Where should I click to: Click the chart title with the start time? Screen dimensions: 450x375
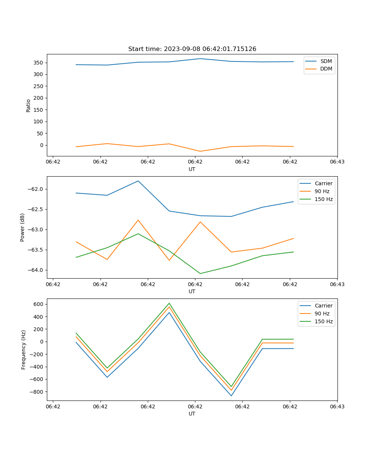(192, 49)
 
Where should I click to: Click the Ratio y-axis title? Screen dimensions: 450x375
(28, 105)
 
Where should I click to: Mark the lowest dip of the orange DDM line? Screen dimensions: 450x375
(200, 151)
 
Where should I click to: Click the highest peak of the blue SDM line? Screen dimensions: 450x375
(200, 58)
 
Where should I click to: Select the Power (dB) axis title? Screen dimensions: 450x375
(22, 227)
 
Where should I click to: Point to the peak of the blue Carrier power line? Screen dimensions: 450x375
(138, 181)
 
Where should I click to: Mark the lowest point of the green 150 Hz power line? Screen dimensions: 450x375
(200, 273)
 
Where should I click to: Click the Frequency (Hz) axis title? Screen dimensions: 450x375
(24, 349)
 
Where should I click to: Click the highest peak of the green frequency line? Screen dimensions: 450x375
(169, 303)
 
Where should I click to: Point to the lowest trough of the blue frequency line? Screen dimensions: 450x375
(231, 396)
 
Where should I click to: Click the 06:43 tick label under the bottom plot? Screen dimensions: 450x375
(337, 406)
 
